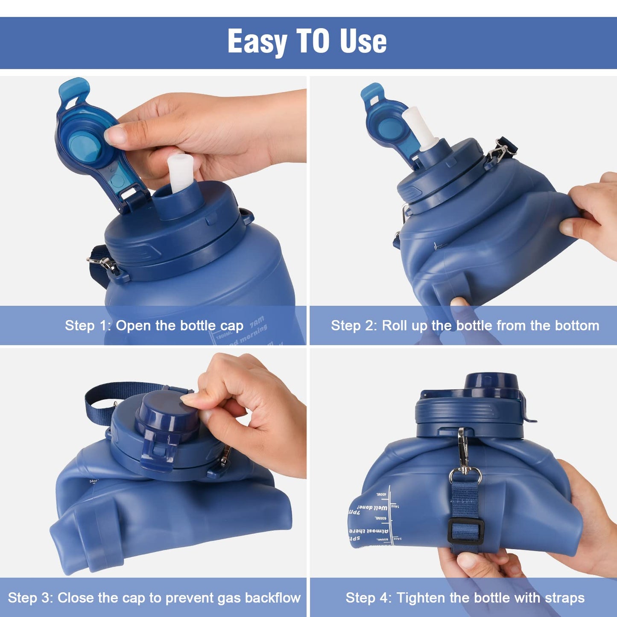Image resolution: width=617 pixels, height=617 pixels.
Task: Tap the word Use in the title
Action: (x=363, y=41)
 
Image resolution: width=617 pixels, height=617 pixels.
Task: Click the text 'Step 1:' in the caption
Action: (x=88, y=326)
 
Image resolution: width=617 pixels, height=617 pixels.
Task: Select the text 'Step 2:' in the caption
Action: (x=354, y=326)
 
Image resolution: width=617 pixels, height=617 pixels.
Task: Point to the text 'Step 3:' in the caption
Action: (x=30, y=598)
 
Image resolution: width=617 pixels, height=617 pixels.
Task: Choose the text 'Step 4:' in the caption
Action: (x=368, y=598)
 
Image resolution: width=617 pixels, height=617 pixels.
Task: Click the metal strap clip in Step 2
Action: (x=500, y=152)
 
